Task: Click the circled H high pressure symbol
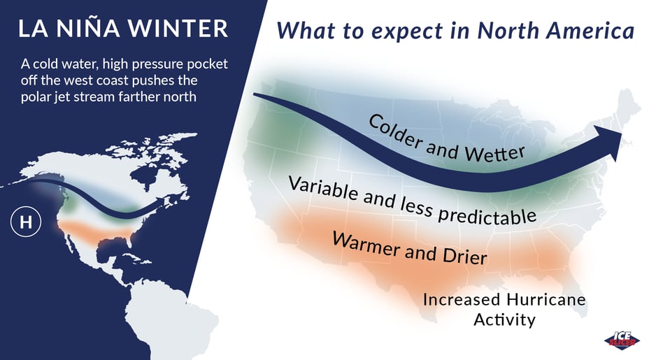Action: (26, 222)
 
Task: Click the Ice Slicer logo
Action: (622, 340)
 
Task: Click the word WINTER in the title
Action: (178, 29)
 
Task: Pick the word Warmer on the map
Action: (366, 244)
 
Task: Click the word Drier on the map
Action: (465, 256)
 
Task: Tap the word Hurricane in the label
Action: (546, 299)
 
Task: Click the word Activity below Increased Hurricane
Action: (504, 320)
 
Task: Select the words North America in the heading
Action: (556, 30)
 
